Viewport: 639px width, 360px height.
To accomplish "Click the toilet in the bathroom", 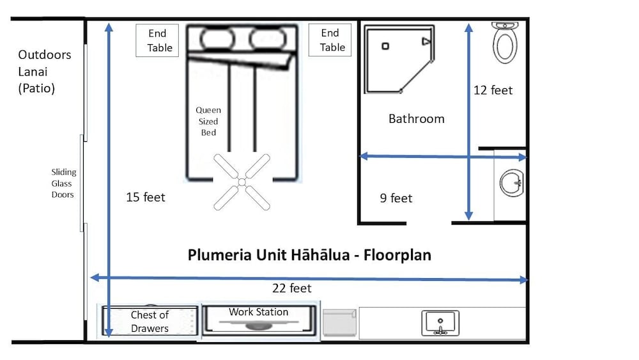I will (x=505, y=43).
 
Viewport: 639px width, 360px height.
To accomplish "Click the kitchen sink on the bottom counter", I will (x=440, y=323).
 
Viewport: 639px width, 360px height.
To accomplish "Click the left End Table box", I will (x=157, y=40).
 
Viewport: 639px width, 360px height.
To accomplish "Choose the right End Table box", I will (x=330, y=40).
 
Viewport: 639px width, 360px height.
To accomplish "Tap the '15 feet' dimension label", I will (x=146, y=197).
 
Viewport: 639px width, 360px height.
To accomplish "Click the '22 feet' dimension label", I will (x=291, y=288).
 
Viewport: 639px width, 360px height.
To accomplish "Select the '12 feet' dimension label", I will (x=493, y=90).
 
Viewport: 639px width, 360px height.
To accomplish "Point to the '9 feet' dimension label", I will (x=396, y=198).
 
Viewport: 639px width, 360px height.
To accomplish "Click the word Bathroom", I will (x=416, y=118).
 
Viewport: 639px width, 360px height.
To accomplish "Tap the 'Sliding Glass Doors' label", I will (x=63, y=183).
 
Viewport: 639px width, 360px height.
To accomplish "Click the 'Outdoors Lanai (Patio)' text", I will (x=44, y=72).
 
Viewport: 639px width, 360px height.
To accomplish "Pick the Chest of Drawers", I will (x=150, y=322).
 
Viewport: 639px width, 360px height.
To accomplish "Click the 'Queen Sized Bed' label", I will (x=208, y=121).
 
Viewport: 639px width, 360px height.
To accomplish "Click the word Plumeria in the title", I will (x=215, y=255).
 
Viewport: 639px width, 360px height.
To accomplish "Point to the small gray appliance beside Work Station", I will (x=339, y=322).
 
